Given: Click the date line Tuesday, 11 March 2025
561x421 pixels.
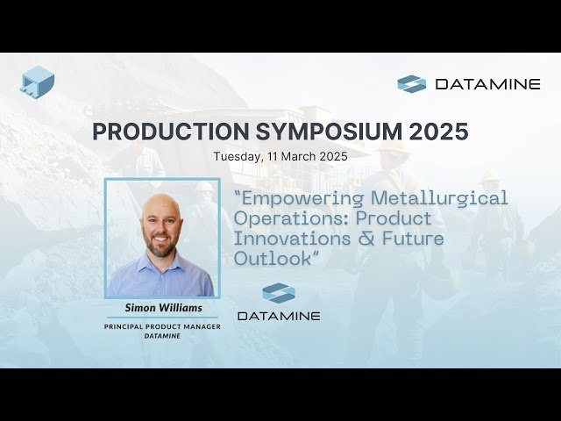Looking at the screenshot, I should click(x=280, y=157).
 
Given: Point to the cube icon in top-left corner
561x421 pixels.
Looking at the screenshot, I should click(x=38, y=81).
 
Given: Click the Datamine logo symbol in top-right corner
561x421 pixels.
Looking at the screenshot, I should click(x=411, y=84).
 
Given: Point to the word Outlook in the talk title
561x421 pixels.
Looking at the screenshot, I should click(x=271, y=259).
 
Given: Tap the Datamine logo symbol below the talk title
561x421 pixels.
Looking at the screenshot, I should click(x=279, y=293).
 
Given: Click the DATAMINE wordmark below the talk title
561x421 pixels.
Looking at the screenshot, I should click(x=279, y=315).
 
